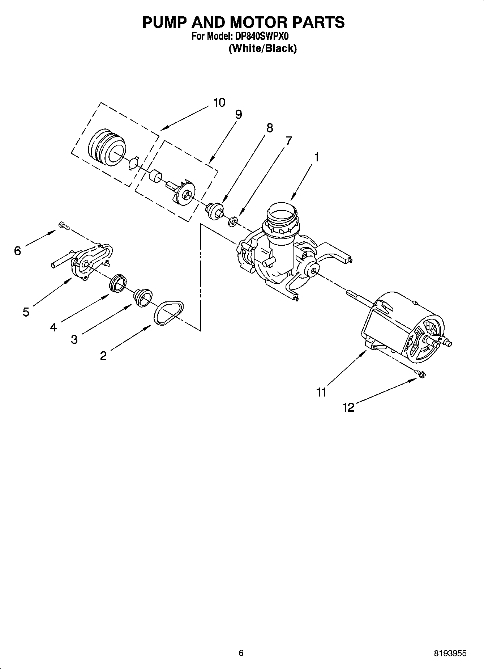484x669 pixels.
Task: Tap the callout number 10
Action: pos(219,103)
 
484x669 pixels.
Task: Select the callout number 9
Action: pos(238,115)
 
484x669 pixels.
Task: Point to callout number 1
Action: pos(317,157)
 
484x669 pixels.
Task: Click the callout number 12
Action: pos(348,408)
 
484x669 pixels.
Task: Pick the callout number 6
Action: pos(18,251)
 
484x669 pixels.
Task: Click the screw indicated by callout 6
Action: pos(64,226)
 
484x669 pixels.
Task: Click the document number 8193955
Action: pos(450,653)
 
